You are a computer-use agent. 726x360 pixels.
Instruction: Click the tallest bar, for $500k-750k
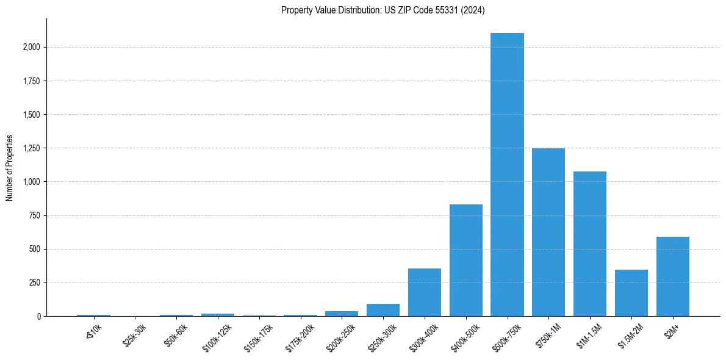pos(507,175)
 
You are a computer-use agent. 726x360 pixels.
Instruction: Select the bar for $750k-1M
pos(548,232)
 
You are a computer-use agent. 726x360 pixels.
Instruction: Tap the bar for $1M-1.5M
pos(590,244)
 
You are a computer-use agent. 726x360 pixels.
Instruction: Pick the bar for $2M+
pos(672,276)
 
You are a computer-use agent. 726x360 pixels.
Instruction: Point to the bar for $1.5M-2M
pos(631,293)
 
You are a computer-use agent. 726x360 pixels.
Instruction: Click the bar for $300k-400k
pos(425,292)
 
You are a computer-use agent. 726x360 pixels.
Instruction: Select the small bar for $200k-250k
pos(342,314)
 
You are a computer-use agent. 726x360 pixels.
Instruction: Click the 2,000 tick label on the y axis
pos(32,47)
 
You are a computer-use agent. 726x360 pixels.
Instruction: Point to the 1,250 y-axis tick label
pos(32,148)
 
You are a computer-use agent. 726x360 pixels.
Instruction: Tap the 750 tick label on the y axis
pos(35,215)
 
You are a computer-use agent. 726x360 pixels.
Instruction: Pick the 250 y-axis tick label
pos(35,283)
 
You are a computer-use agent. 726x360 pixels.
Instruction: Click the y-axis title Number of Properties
pos(9,168)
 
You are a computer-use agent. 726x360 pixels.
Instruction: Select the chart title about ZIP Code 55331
pos(383,10)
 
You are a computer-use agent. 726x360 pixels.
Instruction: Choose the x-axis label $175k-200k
pos(300,332)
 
